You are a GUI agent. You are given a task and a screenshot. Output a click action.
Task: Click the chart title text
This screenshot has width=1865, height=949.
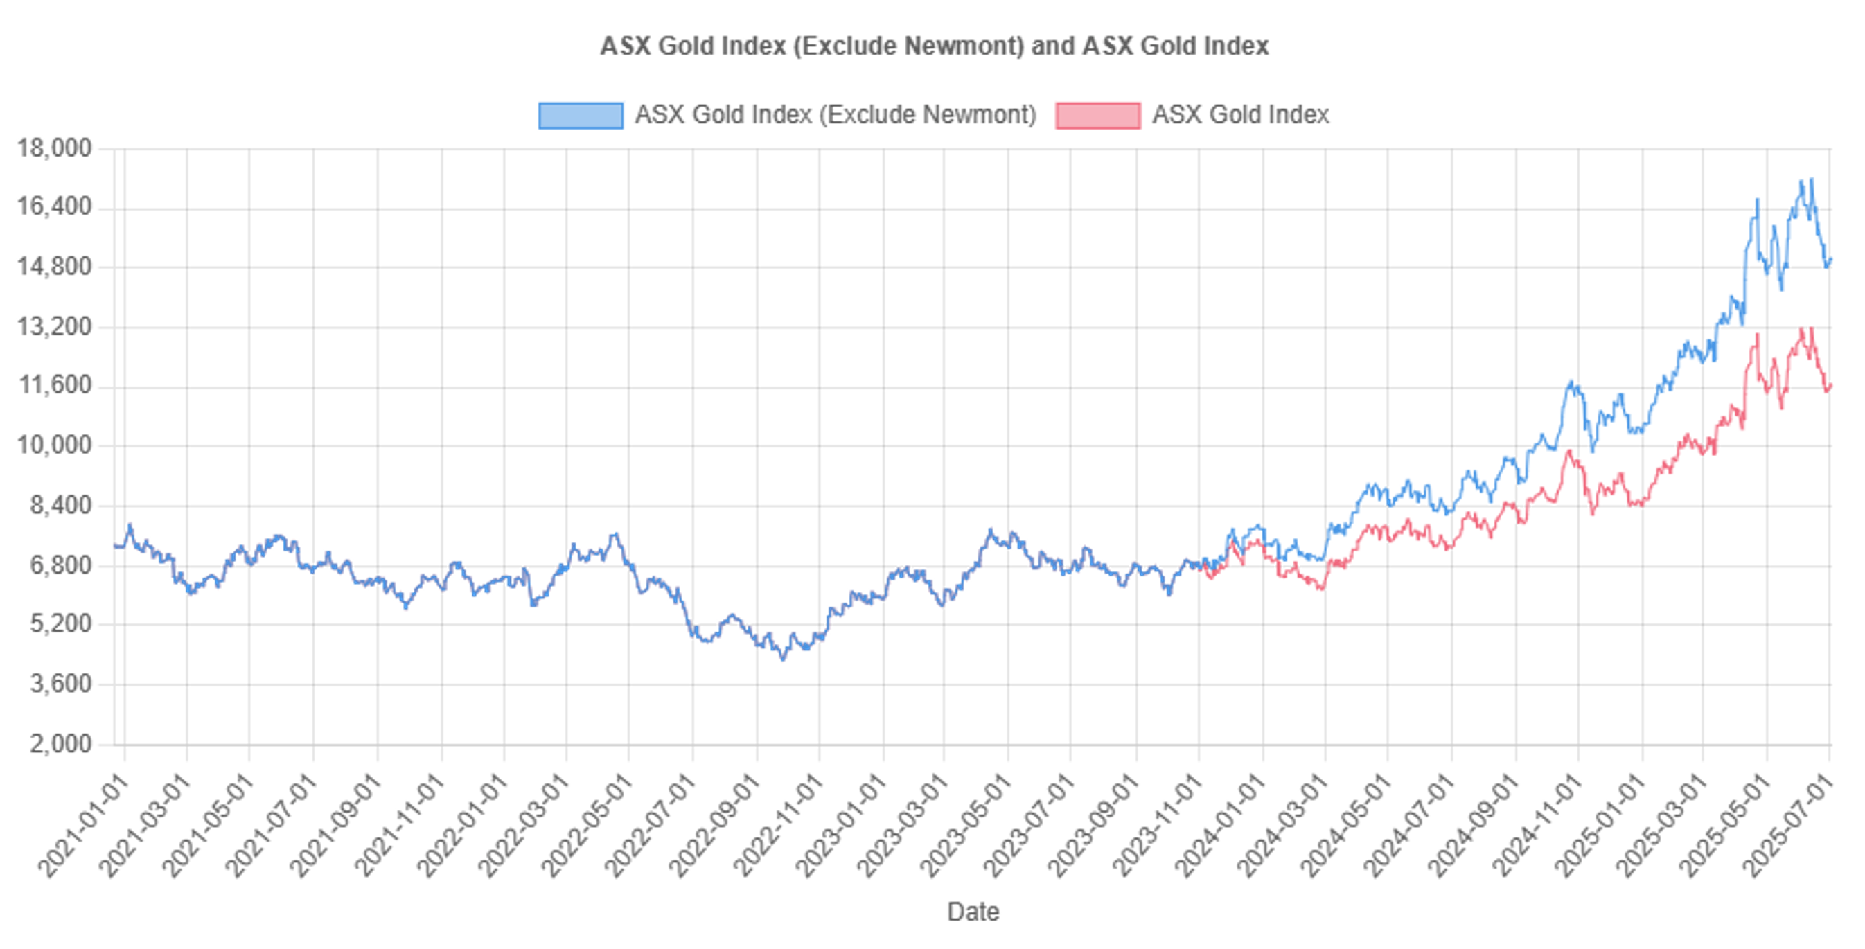tap(934, 46)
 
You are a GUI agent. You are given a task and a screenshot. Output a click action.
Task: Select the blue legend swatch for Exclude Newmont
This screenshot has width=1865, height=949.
tap(580, 115)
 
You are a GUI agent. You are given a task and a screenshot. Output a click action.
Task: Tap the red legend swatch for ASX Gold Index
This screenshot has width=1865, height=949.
tap(1097, 115)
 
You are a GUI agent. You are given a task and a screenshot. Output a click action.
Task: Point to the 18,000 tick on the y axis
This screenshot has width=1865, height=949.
tap(55, 148)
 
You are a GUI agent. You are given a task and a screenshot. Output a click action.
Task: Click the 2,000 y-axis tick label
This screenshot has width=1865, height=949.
tap(61, 743)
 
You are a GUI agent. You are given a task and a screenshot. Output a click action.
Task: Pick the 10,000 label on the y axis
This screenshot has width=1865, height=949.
tap(55, 445)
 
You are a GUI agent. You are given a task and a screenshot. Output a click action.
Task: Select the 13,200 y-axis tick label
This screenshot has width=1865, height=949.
tap(55, 326)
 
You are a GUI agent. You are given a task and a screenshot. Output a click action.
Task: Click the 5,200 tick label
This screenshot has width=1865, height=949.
tap(61, 623)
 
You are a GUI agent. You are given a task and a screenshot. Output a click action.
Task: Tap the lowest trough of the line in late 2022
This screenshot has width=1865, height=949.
tap(782, 659)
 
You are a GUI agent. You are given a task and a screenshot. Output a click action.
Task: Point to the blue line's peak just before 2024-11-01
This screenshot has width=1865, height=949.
tap(1571, 382)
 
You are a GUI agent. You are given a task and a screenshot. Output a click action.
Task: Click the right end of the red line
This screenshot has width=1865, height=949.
tap(1830, 385)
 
